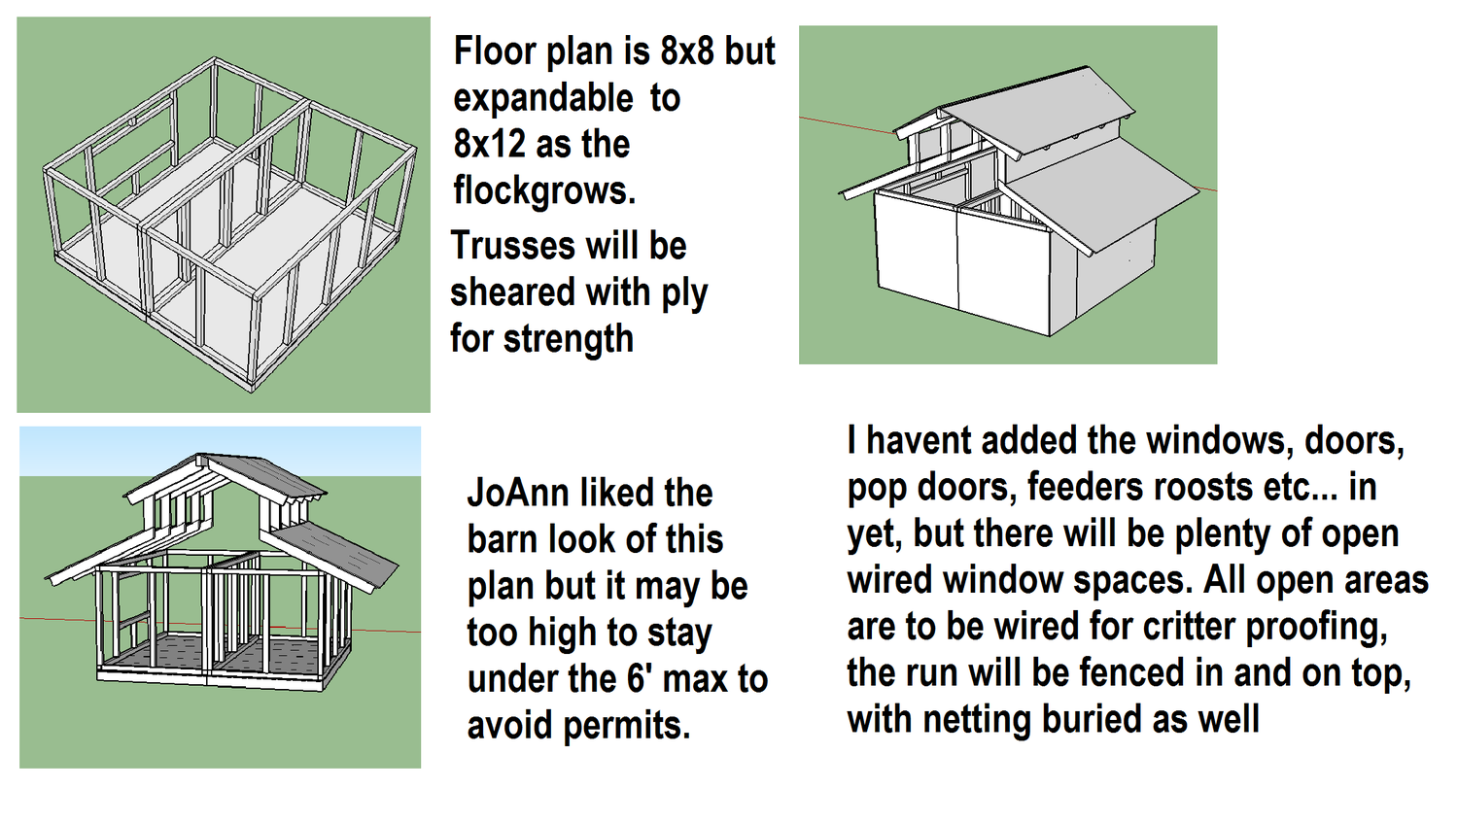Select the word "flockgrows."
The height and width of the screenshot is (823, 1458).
click(544, 192)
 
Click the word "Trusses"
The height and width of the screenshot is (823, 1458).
click(513, 246)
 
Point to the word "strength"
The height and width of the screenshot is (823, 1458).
click(569, 339)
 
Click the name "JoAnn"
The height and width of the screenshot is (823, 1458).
click(518, 493)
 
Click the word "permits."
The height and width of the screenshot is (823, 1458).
click(626, 726)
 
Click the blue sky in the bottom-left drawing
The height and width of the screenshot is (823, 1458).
click(220, 451)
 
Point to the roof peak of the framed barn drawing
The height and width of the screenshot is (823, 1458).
click(201, 455)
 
